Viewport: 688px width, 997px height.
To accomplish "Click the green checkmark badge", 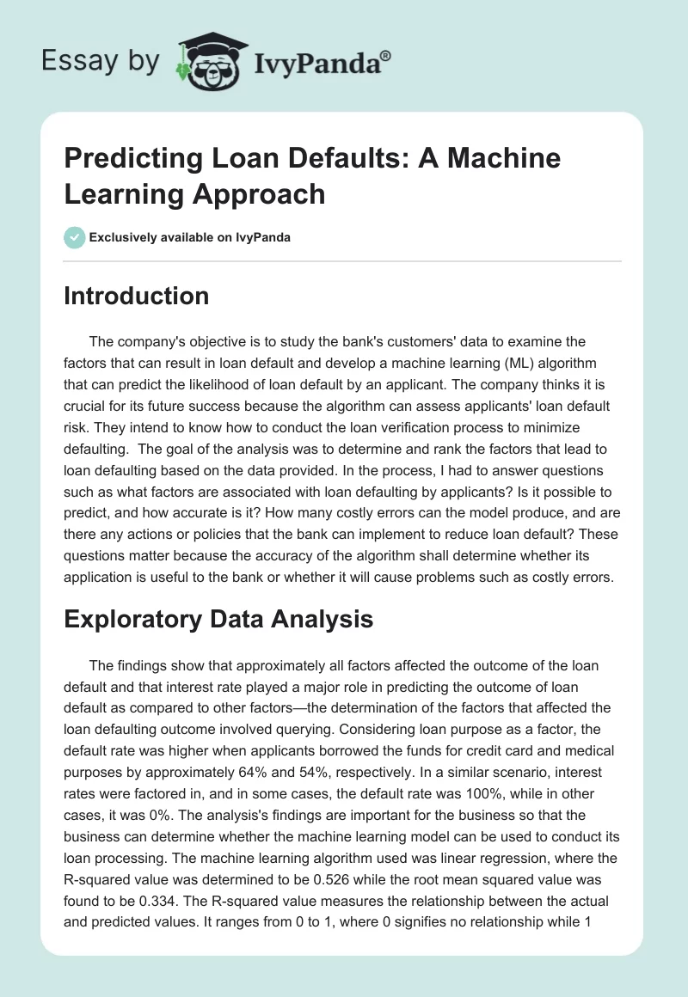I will [x=75, y=237].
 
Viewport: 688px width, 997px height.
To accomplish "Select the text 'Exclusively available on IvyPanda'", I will [x=190, y=238].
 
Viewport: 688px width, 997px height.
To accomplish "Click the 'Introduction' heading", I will [x=137, y=297].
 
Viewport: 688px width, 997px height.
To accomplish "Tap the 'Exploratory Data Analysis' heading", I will [x=218, y=620].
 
